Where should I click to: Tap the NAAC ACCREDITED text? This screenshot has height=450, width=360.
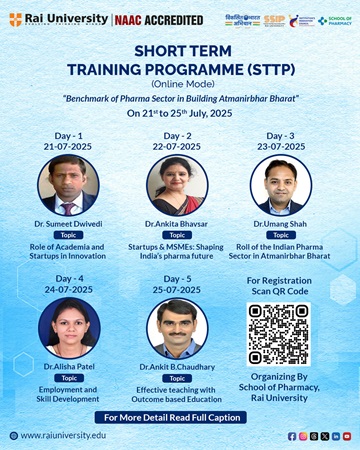point(152,19)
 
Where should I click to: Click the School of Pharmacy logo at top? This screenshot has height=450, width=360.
point(335,19)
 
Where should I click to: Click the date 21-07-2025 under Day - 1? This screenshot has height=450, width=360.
point(67,146)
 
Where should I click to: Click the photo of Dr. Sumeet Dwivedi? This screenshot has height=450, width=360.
point(67,185)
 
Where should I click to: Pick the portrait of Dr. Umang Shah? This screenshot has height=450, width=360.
point(281,185)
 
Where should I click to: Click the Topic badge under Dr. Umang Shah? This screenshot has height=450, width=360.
point(281,234)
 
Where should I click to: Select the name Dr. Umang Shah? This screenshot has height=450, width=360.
point(281,223)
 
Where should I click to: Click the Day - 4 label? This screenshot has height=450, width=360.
point(68,277)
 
